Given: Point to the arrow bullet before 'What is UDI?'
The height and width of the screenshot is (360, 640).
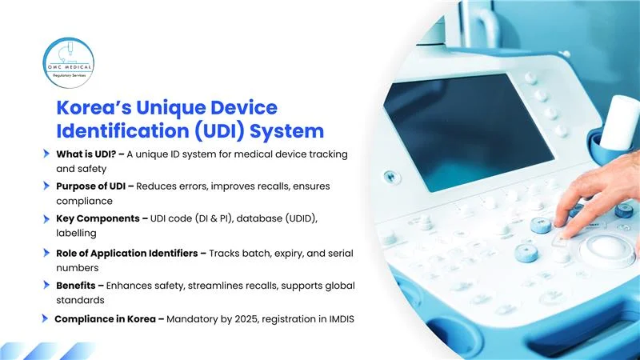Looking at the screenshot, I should click(x=47, y=153).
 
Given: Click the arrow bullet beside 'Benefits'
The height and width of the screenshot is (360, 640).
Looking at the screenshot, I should click(x=47, y=286).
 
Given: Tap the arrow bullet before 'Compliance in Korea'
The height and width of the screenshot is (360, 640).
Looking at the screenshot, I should click(x=46, y=319).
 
